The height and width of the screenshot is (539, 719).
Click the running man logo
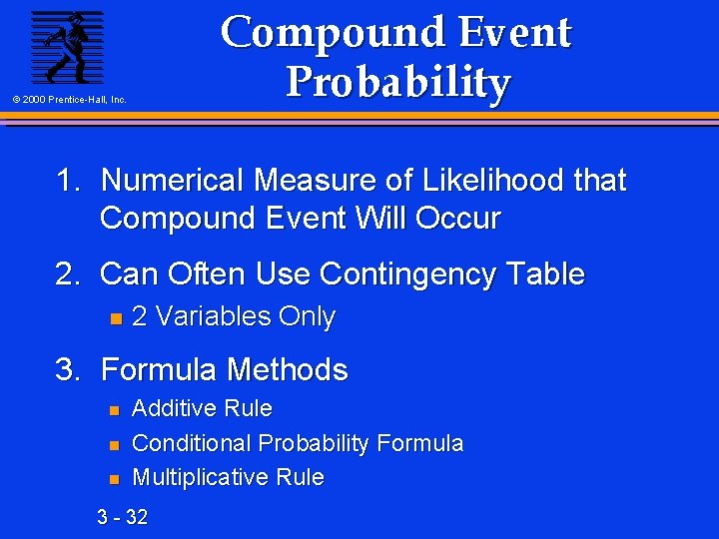point(67,46)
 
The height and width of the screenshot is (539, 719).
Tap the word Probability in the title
point(397,82)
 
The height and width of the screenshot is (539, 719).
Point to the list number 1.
point(68,181)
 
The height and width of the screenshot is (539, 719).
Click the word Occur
point(456,218)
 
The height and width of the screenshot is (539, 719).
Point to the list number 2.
point(68,273)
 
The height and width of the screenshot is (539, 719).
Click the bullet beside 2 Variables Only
point(114,318)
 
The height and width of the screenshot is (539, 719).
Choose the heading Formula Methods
point(224,370)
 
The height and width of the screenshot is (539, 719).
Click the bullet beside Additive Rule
point(114,410)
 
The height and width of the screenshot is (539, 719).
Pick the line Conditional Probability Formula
point(298,443)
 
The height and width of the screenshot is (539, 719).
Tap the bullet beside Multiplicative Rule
point(114,479)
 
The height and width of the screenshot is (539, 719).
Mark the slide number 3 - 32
point(122,516)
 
